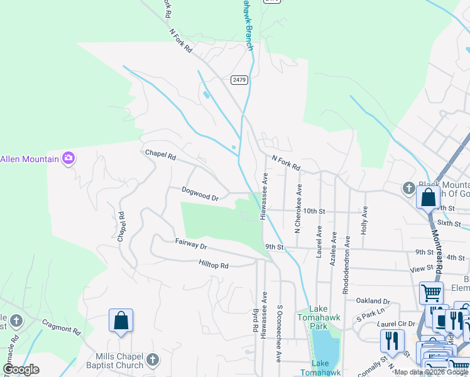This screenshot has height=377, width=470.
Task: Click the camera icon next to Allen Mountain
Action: point(68,159)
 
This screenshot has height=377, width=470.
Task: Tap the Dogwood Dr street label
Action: point(200,194)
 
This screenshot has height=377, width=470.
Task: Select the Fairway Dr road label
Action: point(190,243)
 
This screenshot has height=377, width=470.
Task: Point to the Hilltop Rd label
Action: point(213,265)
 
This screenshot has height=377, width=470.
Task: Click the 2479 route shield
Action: point(239,80)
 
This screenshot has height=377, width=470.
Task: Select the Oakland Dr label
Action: point(373,300)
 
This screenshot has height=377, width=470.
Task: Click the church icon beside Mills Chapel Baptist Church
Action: point(152,360)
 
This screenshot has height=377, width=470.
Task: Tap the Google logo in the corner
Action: point(21,369)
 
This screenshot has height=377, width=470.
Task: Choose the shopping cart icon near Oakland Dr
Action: point(431,292)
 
